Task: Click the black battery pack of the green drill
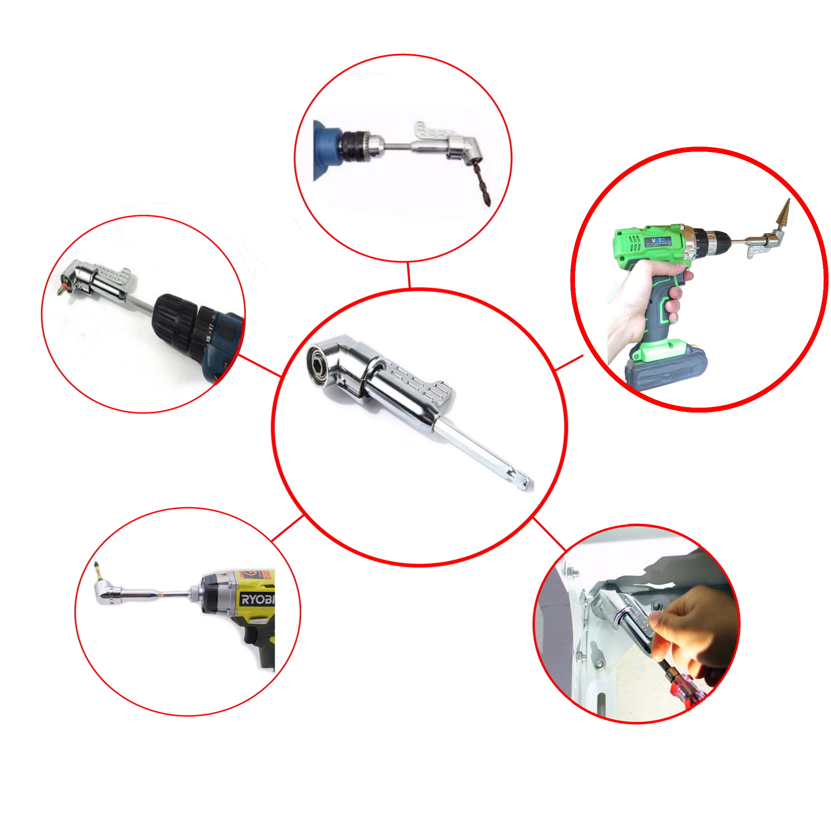[x=667, y=372]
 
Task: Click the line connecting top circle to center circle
[x=409, y=275]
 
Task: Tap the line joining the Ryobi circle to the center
[x=288, y=527]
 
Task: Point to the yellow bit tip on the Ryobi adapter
[x=97, y=570]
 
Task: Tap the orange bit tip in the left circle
[x=62, y=287]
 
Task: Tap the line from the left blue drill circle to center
[x=260, y=366]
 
